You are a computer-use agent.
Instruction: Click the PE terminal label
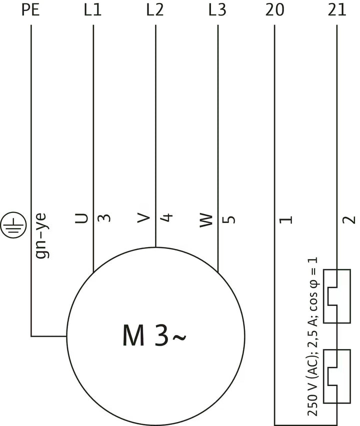click(30, 10)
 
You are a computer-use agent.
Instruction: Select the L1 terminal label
click(92, 10)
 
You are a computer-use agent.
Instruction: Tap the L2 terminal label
click(155, 10)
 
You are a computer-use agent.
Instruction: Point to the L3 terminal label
click(217, 10)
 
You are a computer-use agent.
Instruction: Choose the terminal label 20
click(274, 10)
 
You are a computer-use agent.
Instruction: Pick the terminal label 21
click(337, 10)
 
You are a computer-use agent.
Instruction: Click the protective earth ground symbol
click(13, 225)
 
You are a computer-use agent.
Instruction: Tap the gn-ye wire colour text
click(42, 235)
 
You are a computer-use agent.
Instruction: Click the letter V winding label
click(143, 217)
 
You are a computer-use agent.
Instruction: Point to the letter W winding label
click(206, 220)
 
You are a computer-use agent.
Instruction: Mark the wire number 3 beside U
click(104, 218)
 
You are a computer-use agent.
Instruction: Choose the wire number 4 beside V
click(166, 217)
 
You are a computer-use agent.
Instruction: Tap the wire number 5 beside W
click(228, 219)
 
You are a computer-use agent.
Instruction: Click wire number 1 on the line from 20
click(286, 219)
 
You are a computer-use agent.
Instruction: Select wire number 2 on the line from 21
click(348, 219)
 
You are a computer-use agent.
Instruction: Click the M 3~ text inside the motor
click(154, 335)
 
